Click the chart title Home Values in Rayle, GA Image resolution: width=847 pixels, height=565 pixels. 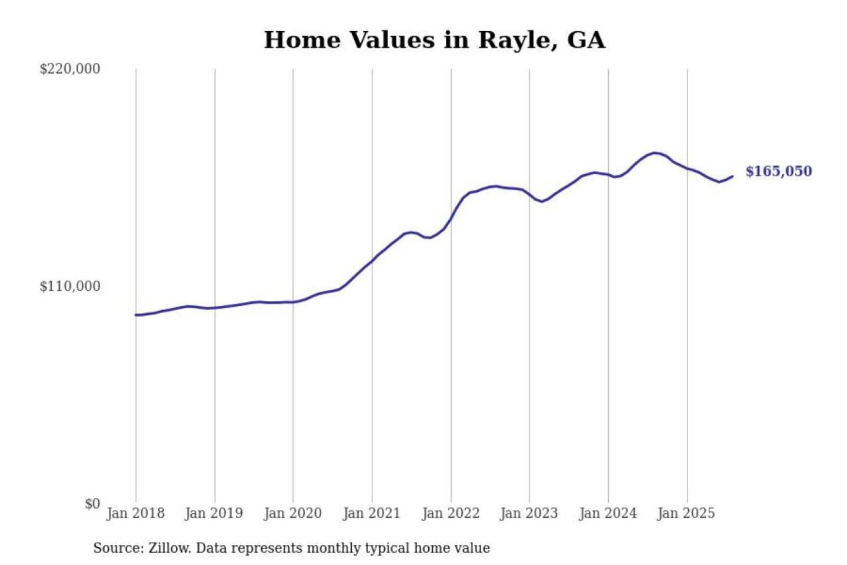pyautogui.click(x=434, y=40)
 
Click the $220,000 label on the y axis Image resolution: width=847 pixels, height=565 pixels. pyautogui.click(x=69, y=69)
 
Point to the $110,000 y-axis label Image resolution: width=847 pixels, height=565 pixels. pyautogui.click(x=69, y=287)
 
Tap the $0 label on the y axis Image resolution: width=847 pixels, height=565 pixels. pyautogui.click(x=92, y=504)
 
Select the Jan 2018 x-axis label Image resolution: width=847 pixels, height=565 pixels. pyautogui.click(x=135, y=513)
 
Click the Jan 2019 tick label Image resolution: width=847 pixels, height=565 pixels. pyautogui.click(x=214, y=513)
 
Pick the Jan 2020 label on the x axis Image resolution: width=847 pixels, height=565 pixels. pyautogui.click(x=292, y=513)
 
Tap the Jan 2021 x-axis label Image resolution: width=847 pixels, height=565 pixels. pyautogui.click(x=371, y=513)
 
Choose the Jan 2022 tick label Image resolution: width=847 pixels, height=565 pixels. pyautogui.click(x=451, y=513)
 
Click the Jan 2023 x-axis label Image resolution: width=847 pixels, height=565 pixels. pyautogui.click(x=529, y=513)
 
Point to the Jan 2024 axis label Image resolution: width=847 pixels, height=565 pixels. pyautogui.click(x=608, y=513)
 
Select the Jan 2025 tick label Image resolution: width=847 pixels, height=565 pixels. pyautogui.click(x=686, y=513)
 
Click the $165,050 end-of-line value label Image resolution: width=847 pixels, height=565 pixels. pyautogui.click(x=778, y=171)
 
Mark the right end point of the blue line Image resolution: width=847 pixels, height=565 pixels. pyautogui.click(x=732, y=176)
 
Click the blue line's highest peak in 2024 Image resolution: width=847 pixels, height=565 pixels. pyautogui.click(x=655, y=153)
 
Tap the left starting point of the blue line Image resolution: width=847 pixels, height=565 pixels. pyautogui.click(x=136, y=315)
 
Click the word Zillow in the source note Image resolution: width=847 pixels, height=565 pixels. pyautogui.click(x=169, y=549)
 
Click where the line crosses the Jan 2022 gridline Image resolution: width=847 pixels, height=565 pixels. pyautogui.click(x=451, y=220)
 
